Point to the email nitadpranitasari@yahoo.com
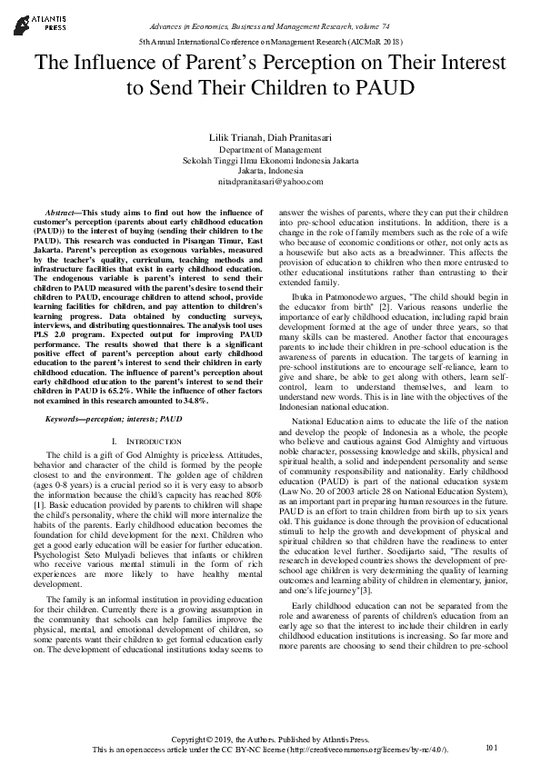[270, 181]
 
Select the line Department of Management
[270, 147]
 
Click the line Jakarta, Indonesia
[270, 170]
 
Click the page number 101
[493, 747]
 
